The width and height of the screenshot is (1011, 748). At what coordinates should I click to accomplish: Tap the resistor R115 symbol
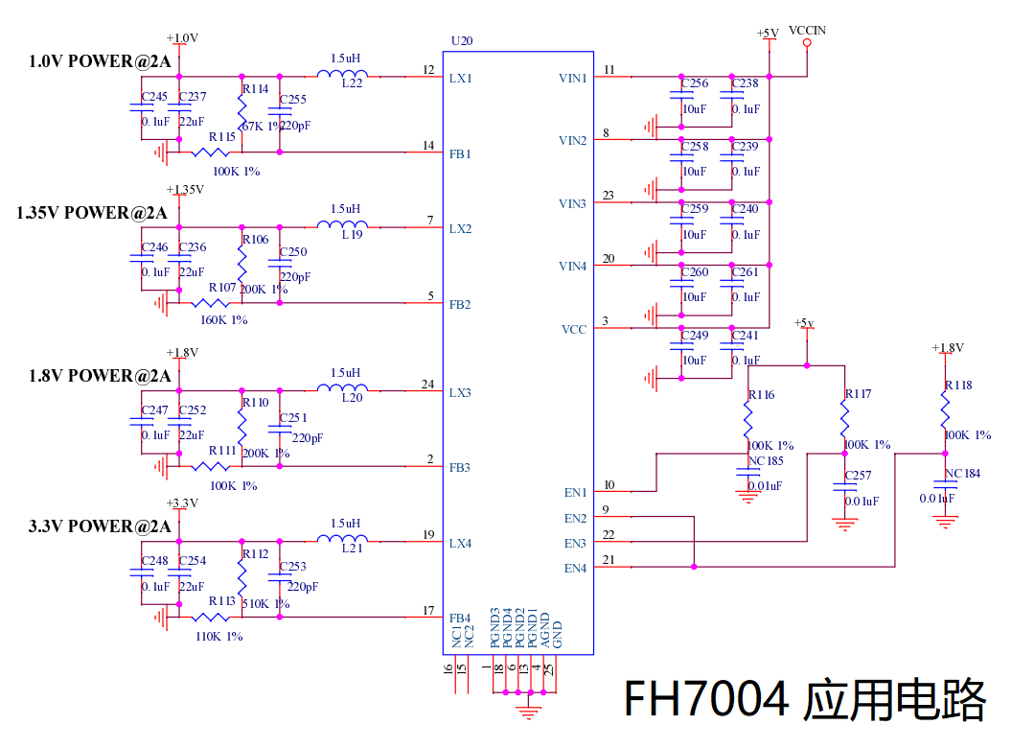[x=211, y=152]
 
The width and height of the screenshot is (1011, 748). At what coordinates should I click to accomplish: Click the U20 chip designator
[x=461, y=41]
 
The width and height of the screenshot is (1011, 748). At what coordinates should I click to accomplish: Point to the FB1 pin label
[x=460, y=153]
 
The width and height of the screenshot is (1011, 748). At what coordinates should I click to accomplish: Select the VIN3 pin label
[x=572, y=204]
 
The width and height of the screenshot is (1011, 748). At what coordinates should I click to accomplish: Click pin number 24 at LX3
[x=427, y=385]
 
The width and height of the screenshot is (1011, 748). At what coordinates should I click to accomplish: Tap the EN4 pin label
[x=575, y=569]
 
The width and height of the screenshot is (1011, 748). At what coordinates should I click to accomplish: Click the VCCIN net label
[x=807, y=31]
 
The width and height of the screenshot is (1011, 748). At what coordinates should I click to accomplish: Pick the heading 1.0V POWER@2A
[x=100, y=62]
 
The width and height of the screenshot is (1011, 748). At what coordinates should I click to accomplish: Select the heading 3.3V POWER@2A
[x=100, y=526]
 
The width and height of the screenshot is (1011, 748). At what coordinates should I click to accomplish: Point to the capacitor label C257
[x=858, y=476]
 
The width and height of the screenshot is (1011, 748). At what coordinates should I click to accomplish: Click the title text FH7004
[x=708, y=699]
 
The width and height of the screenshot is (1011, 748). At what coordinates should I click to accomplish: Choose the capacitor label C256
[x=695, y=84]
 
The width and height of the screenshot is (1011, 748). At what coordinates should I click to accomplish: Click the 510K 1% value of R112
[x=265, y=604]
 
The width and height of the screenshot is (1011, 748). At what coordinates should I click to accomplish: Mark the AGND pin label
[x=545, y=631]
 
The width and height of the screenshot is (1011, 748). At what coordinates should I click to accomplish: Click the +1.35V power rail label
[x=185, y=189]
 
